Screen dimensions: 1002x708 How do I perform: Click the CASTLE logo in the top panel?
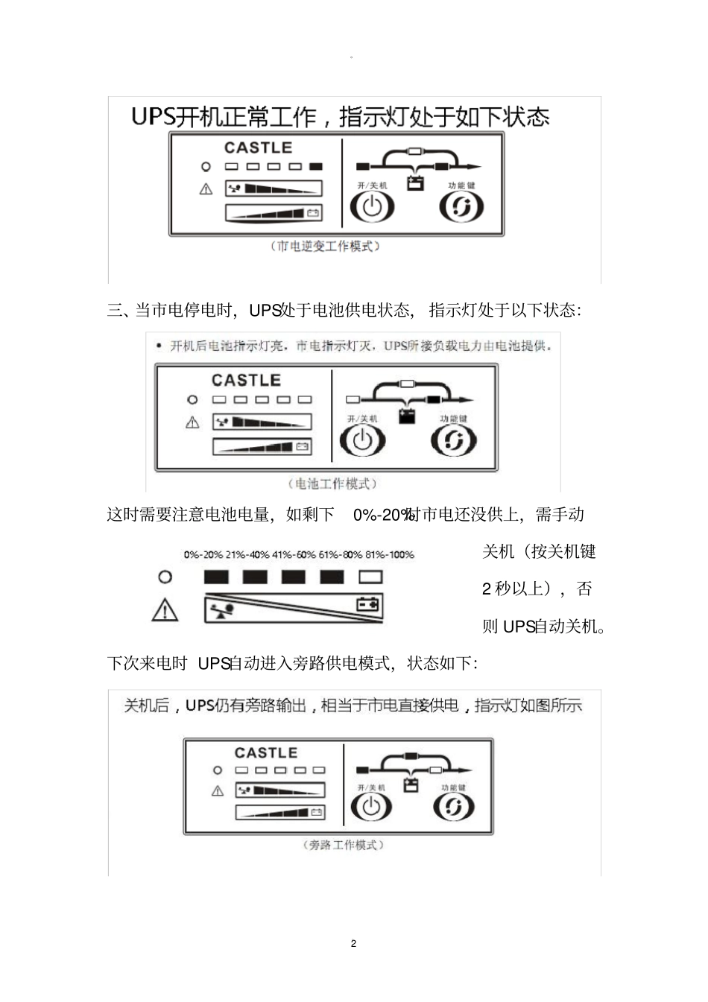[x=258, y=148]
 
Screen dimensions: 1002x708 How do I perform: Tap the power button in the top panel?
[x=372, y=206]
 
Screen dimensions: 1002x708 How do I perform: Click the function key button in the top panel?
[x=461, y=206]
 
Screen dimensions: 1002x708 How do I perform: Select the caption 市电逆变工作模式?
[x=325, y=246]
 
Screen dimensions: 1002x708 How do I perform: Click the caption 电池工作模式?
[x=332, y=483]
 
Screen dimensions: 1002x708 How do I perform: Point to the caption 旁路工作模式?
[x=343, y=845]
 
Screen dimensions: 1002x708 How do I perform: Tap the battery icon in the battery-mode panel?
[x=406, y=416]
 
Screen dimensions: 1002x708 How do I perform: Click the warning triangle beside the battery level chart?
[x=165, y=610]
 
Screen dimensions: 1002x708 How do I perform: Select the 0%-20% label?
[x=203, y=554]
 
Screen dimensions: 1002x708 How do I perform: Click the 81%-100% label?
[x=389, y=554]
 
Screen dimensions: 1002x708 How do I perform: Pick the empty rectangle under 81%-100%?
[x=370, y=577]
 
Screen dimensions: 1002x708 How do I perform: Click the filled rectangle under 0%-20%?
[x=216, y=577]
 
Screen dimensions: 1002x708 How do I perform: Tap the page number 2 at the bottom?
[x=353, y=943]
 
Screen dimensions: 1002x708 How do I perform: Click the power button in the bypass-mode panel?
[x=370, y=806]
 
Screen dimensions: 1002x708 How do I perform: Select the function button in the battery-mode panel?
[x=453, y=440]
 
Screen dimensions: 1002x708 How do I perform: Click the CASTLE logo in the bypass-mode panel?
[x=265, y=752]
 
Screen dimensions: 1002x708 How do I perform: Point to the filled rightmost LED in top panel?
[x=316, y=167]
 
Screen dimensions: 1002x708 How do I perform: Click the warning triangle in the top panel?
[x=206, y=189]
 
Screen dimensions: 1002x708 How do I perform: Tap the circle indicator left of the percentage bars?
[x=165, y=577]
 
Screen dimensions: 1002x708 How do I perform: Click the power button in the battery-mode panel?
[x=362, y=440]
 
